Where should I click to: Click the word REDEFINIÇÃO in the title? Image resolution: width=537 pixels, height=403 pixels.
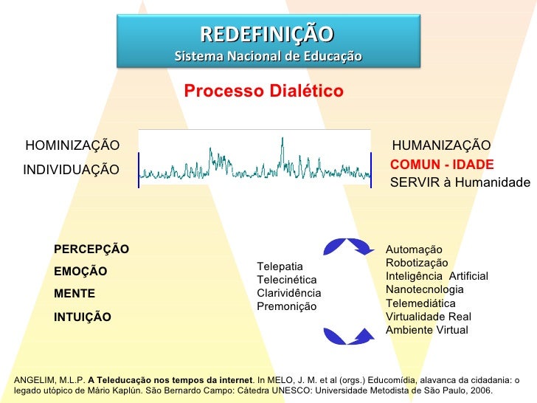pos(267,34)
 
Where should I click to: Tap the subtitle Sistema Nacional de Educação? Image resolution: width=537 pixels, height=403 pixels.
pos(268,56)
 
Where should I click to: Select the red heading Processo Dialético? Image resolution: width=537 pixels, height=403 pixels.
pos(263,92)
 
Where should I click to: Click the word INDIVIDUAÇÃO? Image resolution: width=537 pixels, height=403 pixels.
pos(71,170)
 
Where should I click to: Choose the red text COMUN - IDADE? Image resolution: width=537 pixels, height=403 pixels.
pos(442,165)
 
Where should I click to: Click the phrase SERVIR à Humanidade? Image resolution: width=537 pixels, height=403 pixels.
pos(460,183)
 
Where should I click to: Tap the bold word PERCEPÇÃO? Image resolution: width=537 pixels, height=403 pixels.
pos(91,249)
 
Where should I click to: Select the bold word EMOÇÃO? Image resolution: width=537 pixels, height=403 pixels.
pos(80,272)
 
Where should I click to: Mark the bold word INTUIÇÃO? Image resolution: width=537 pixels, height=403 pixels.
pos(83,317)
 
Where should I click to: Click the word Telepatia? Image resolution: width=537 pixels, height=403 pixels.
pos(280,266)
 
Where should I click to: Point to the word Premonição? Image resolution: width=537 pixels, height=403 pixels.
pos(286,306)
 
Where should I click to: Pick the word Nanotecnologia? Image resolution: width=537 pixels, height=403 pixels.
pos(425,290)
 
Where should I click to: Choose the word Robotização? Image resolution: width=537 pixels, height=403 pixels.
pos(417,263)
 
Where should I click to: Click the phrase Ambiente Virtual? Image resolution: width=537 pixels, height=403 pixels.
pos(426,330)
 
